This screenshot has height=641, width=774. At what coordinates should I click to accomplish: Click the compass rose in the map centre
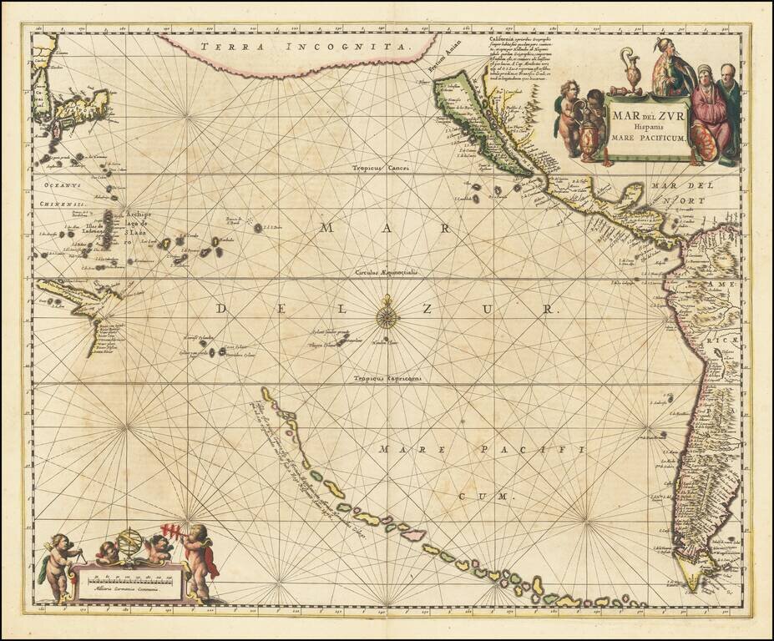(387, 315)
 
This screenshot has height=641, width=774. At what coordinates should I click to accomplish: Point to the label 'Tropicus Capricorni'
(387, 378)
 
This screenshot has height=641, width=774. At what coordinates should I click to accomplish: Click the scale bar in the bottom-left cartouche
(128, 577)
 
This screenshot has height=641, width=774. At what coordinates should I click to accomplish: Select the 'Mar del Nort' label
(679, 193)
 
